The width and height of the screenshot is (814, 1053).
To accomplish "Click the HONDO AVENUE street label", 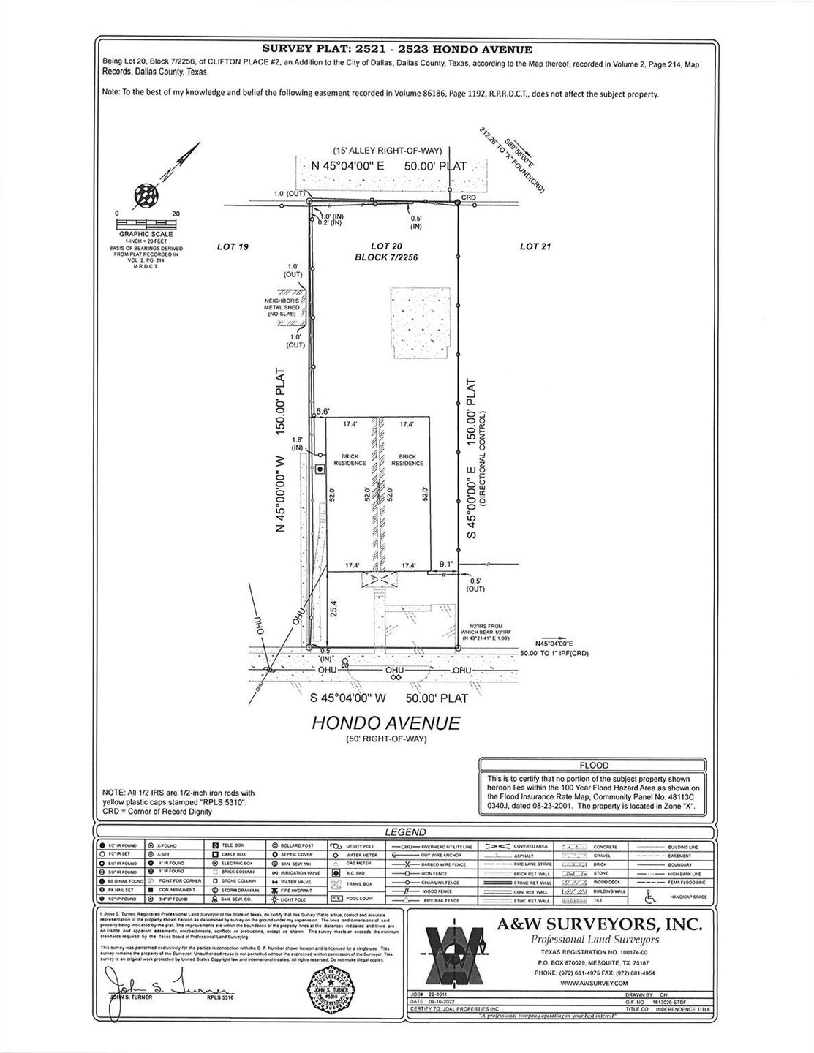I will point(386,722).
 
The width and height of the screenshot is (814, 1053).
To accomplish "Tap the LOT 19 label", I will point(233,247).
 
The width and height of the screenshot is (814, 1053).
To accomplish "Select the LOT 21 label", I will point(535,247).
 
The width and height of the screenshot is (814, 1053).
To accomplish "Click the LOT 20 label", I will point(385,246).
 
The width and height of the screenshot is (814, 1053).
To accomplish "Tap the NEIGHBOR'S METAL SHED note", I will point(282,307).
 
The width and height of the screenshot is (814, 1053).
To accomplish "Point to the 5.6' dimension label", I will point(322,412).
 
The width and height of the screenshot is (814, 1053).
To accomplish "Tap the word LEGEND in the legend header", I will point(405,832).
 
